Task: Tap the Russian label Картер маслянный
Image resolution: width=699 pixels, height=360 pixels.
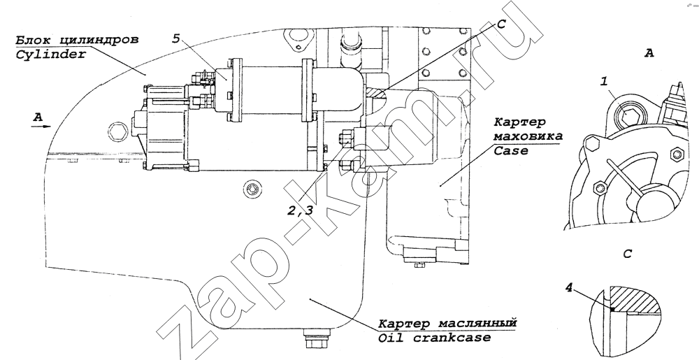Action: pos(447,324)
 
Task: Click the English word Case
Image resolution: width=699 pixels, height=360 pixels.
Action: pos(511,150)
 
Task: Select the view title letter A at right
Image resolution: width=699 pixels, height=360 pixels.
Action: pos(649,53)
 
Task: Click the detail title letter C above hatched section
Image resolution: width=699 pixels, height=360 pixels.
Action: pos(627,254)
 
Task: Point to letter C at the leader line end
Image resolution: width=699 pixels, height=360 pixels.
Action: pos(502,23)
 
